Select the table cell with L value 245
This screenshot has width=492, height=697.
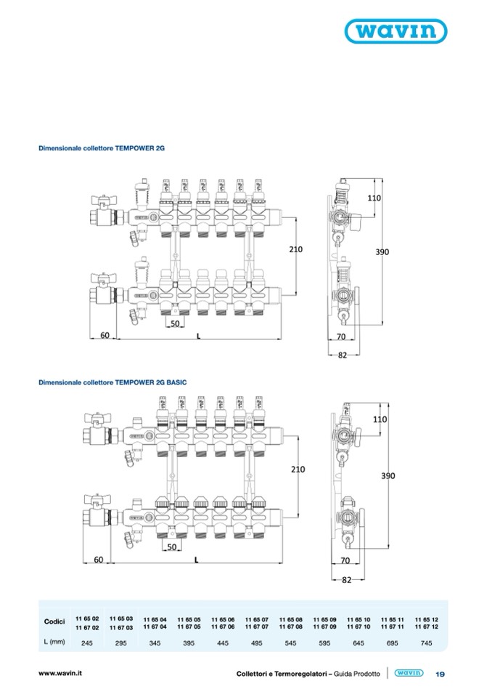pyautogui.click(x=87, y=642)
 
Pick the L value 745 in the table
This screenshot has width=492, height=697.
pyautogui.click(x=426, y=642)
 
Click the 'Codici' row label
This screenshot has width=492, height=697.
pyautogui.click(x=54, y=622)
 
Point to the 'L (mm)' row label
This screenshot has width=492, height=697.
pyautogui.click(x=54, y=642)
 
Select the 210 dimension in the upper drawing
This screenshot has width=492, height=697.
pyautogui.click(x=295, y=249)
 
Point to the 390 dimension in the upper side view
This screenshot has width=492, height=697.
pyautogui.click(x=382, y=252)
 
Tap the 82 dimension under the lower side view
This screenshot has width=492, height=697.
pyautogui.click(x=345, y=579)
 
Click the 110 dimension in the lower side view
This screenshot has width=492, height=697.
pyautogui.click(x=380, y=419)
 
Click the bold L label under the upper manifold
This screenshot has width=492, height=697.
pyautogui.click(x=197, y=336)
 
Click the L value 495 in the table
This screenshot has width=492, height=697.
pyautogui.click(x=256, y=642)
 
